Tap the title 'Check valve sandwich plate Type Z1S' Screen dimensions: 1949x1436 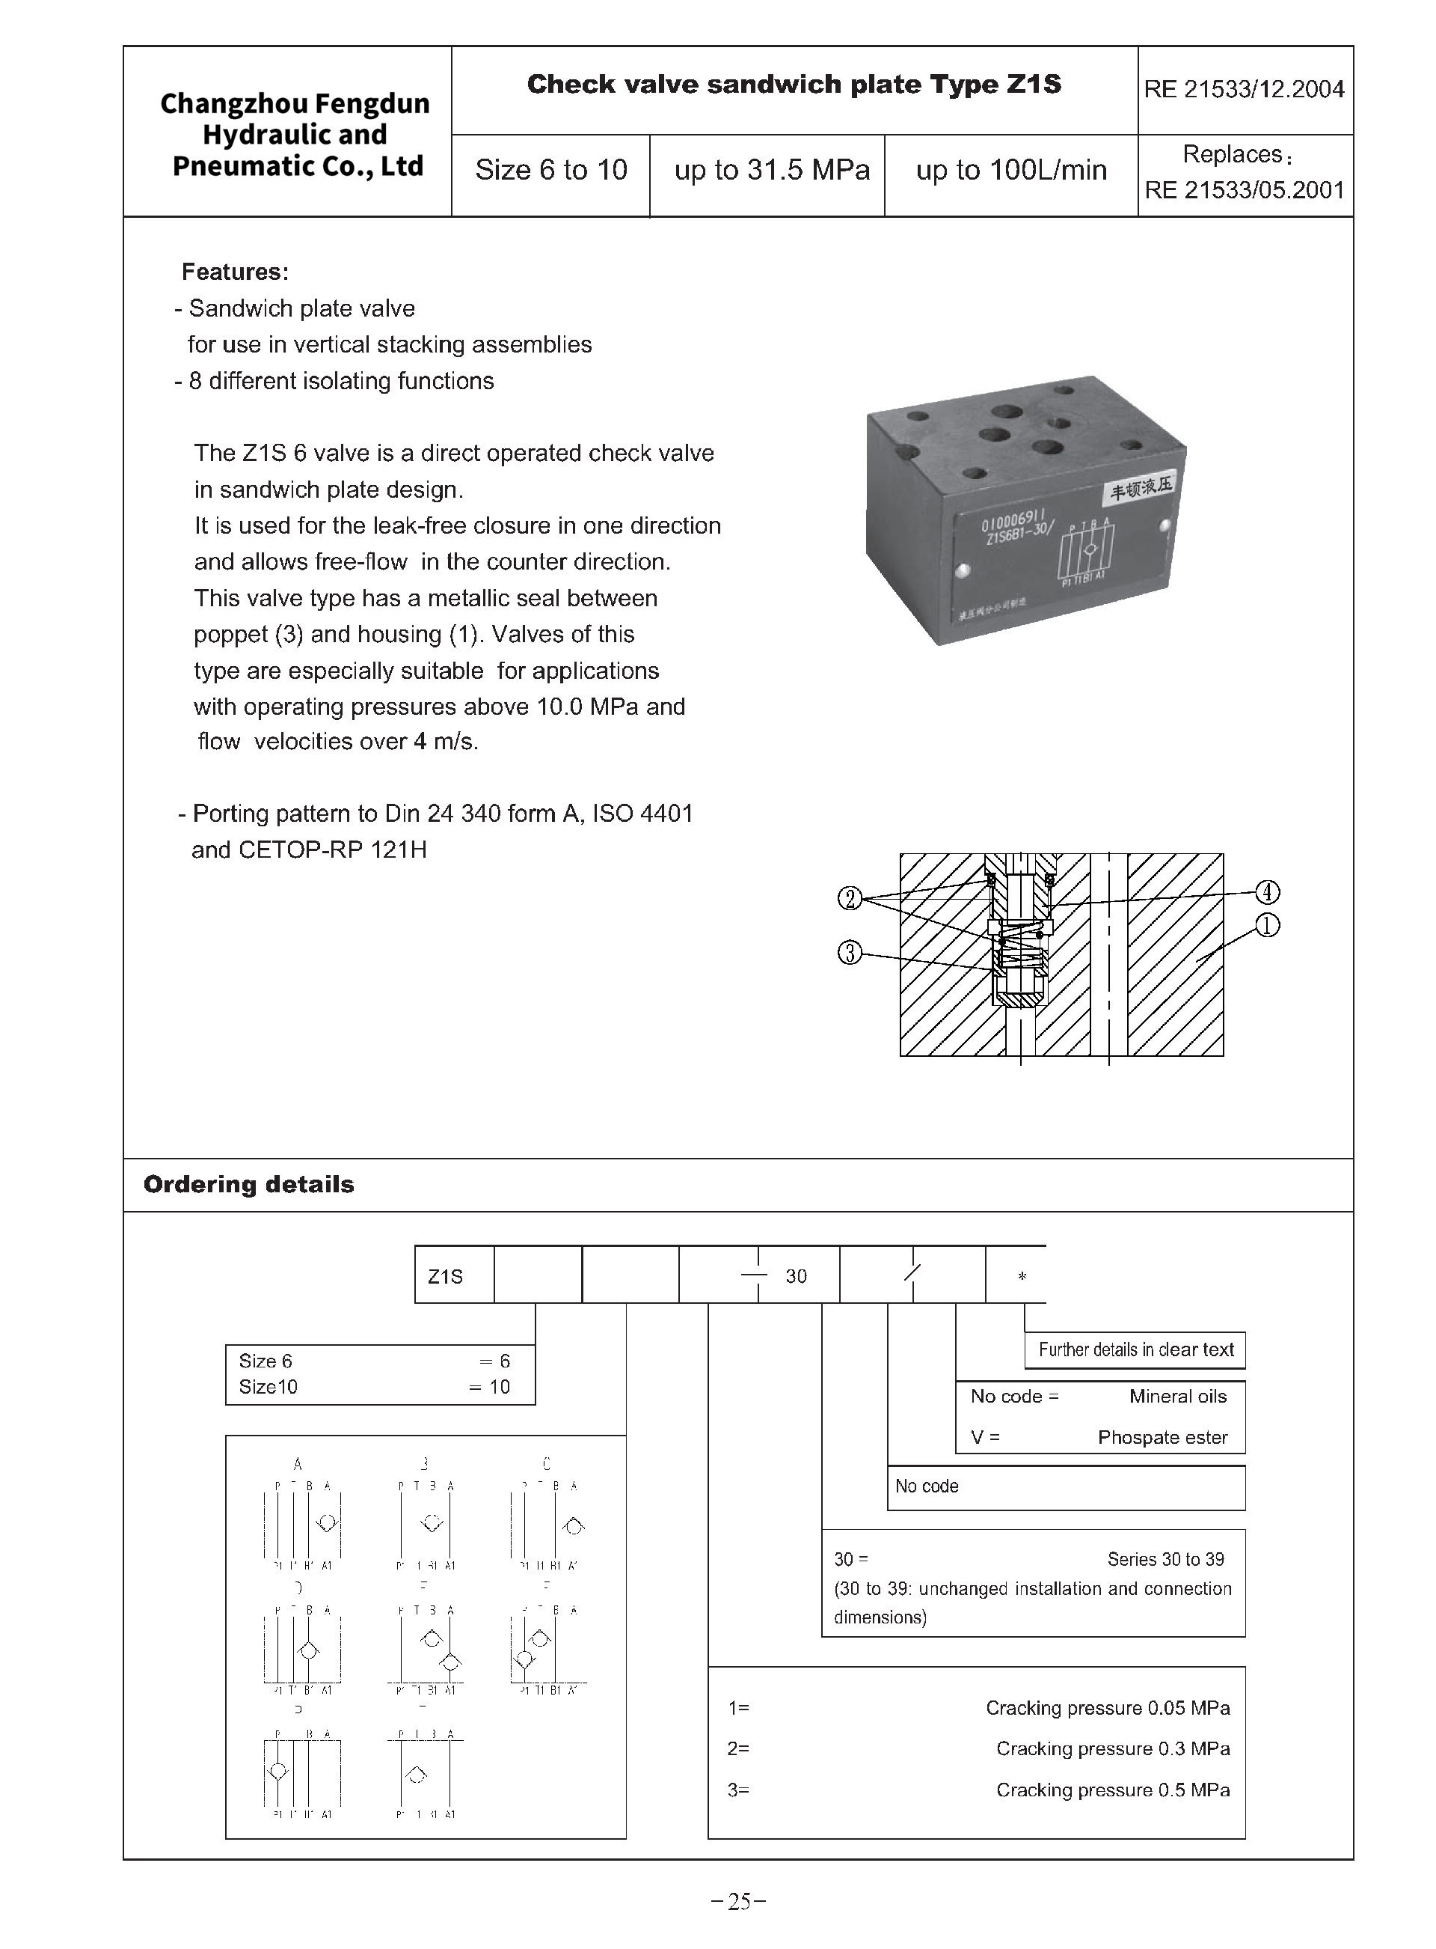(x=794, y=85)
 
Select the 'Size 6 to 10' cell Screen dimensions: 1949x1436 (x=550, y=170)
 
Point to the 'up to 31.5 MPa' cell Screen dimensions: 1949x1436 (x=771, y=170)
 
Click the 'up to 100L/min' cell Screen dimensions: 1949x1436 (x=1011, y=170)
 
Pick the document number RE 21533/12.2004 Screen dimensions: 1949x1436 (x=1244, y=89)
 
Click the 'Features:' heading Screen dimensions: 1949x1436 (x=235, y=272)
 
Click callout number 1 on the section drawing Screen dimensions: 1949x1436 (x=1268, y=925)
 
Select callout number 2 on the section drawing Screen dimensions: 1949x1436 (x=849, y=897)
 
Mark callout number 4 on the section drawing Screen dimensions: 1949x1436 (x=1268, y=892)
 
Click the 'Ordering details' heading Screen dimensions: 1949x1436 (x=248, y=1185)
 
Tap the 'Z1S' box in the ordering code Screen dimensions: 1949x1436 (x=446, y=1277)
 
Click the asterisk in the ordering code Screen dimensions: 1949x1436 (x=1022, y=1277)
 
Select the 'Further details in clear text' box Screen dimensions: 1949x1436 (x=1135, y=1349)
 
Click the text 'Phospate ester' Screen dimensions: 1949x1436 (x=1162, y=1438)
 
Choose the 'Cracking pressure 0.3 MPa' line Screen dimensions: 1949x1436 (x=1113, y=1748)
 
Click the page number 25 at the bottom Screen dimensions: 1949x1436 (x=739, y=1902)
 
